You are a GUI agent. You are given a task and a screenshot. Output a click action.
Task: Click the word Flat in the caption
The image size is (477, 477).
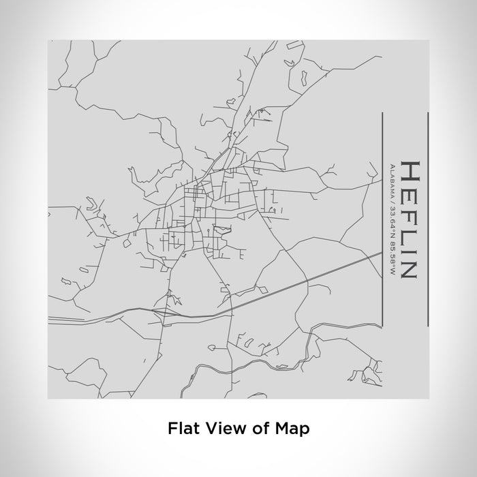point(181,429)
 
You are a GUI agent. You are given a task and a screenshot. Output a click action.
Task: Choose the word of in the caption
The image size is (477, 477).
point(256,429)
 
